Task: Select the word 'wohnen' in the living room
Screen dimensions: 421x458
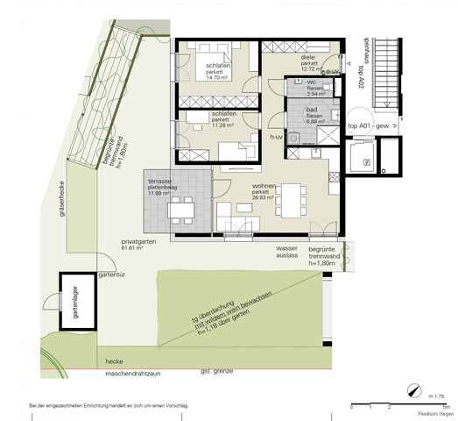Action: pyautogui.click(x=264, y=187)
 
